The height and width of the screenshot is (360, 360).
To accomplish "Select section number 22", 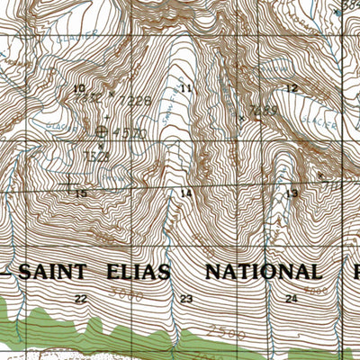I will coord(81,298).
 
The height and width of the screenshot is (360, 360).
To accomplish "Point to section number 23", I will coord(186,298).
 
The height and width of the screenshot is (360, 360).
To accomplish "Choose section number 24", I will coord(291,298).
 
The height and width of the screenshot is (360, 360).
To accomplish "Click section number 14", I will coord(186,193).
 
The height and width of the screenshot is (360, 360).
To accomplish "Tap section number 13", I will coord(291,193).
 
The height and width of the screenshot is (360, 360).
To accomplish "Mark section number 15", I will coord(81,193).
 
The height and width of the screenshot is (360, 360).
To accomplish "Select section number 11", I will coord(186,88).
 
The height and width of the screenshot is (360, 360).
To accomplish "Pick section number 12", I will coord(291,88).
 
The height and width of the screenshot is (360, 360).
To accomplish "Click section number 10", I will coord(79,88).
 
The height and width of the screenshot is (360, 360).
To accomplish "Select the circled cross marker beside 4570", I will coord(100,132).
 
